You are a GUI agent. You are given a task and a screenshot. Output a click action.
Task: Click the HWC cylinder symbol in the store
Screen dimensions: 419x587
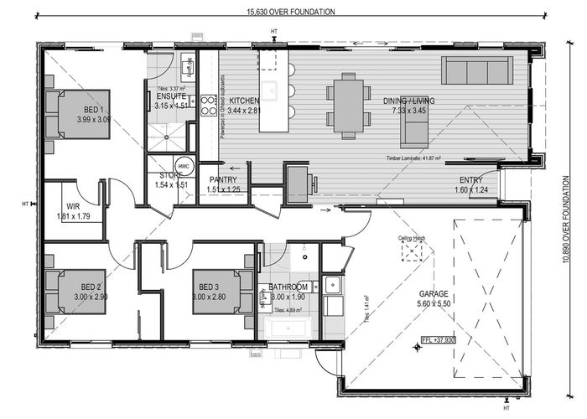[x=184, y=165]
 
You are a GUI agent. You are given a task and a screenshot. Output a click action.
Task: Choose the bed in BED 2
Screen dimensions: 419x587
[x=81, y=291]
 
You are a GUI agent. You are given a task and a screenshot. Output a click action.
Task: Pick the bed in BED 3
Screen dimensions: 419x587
[x=216, y=291]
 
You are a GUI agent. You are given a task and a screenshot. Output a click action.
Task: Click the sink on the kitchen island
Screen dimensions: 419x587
[x=271, y=91]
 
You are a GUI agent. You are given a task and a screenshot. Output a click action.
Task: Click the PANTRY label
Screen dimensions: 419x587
[x=222, y=179]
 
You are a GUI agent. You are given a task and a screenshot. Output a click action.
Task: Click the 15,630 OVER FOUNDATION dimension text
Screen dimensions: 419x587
[x=291, y=12]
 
